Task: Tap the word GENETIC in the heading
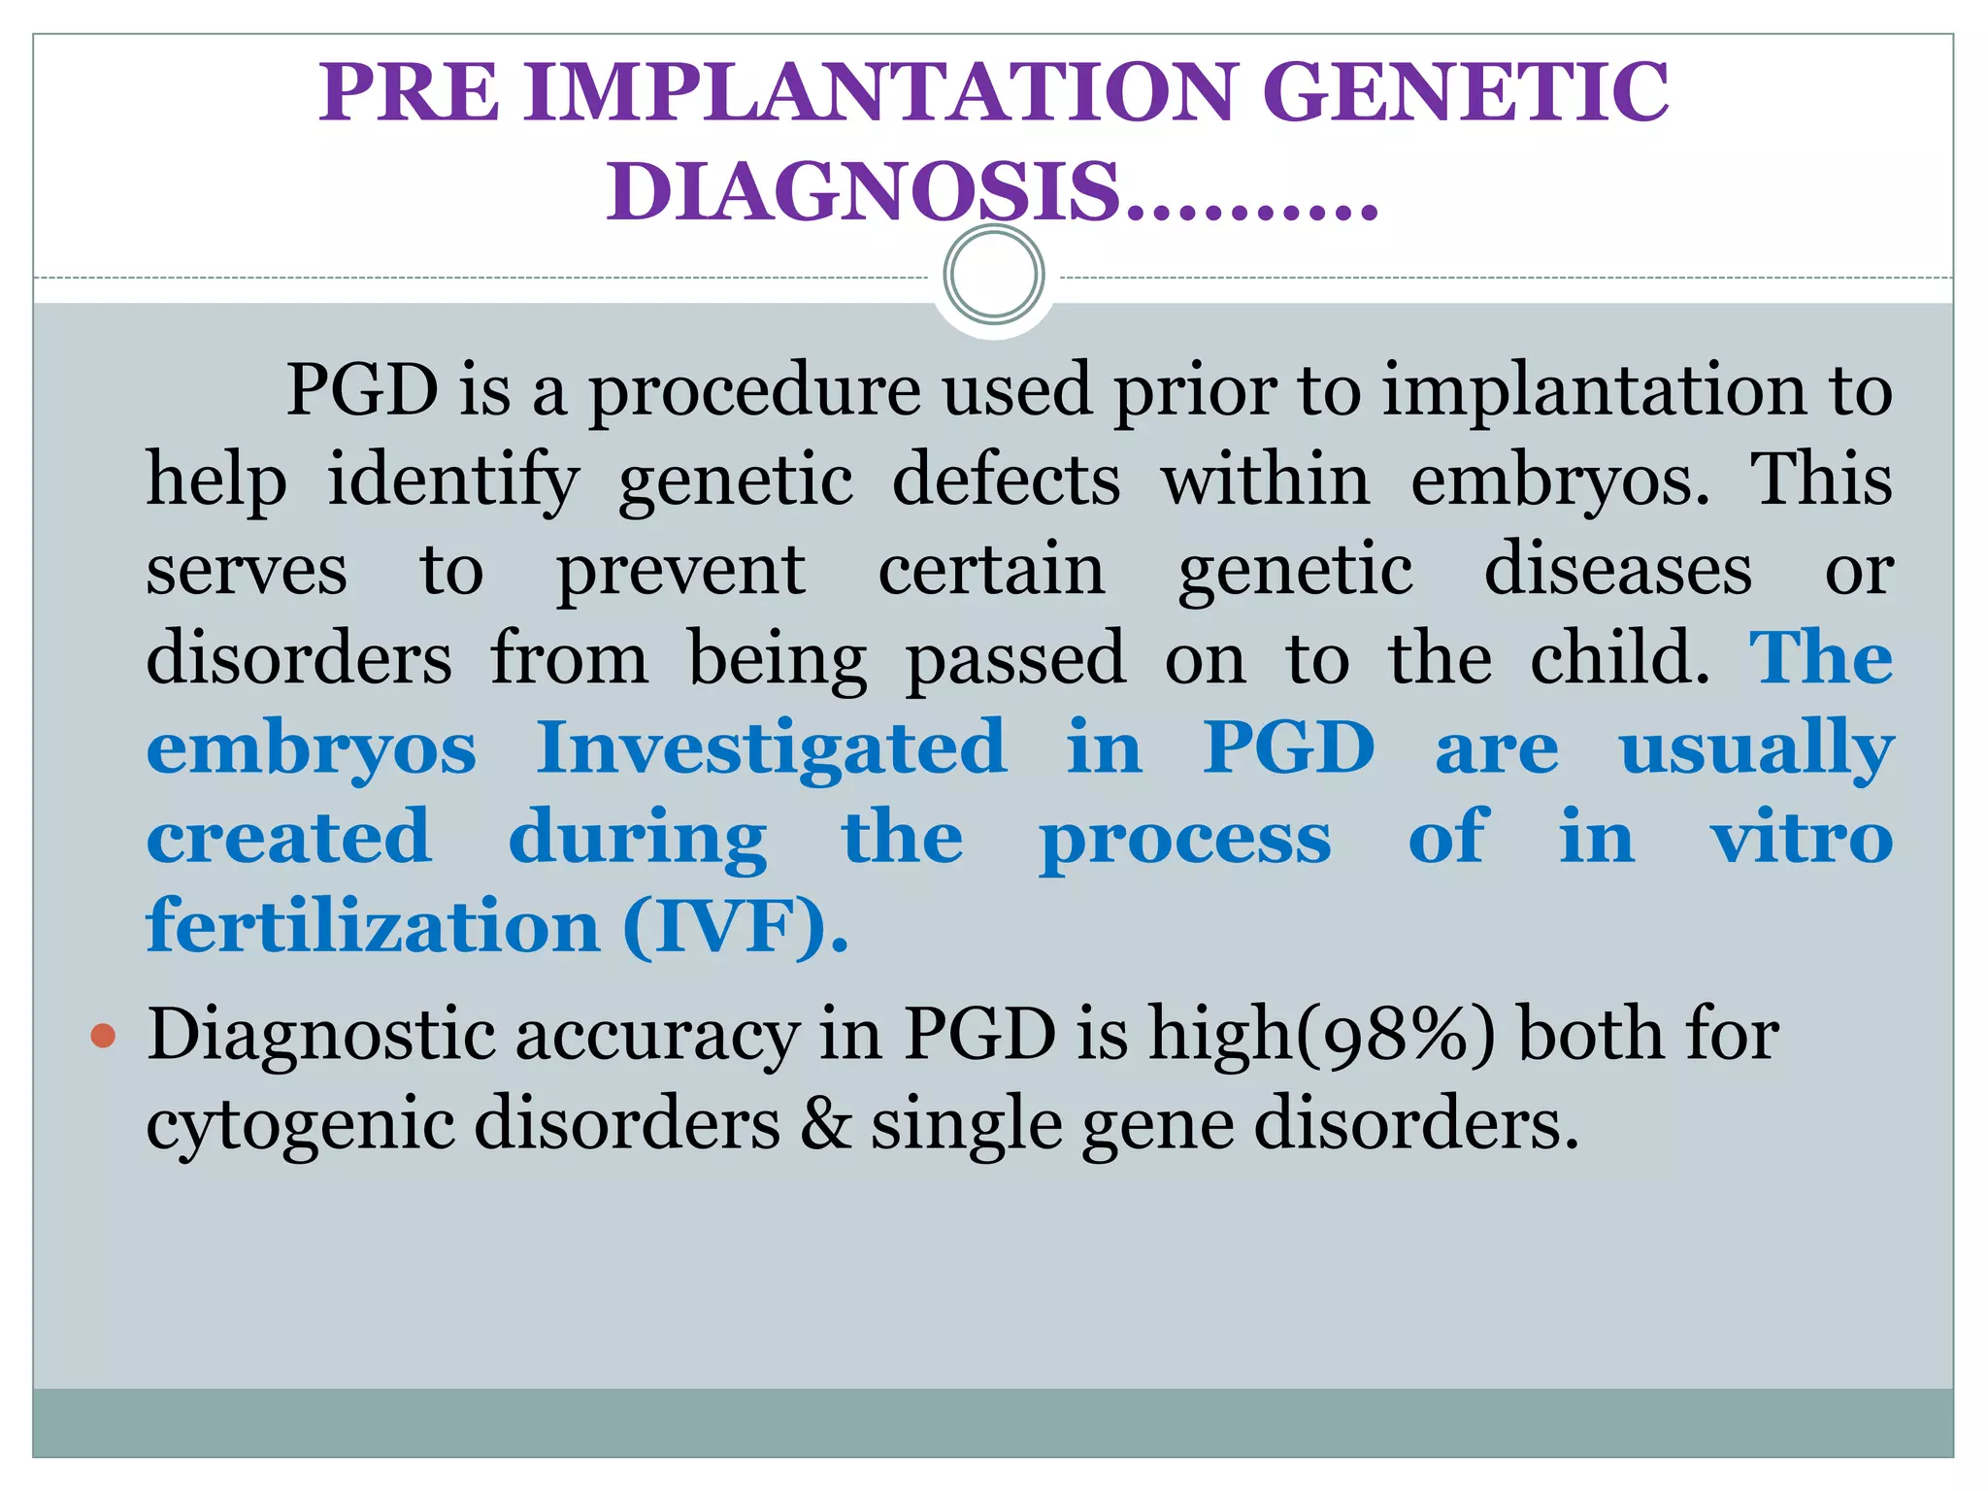[x=1465, y=92]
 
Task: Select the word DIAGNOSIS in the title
[x=864, y=191]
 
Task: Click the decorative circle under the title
[x=993, y=275]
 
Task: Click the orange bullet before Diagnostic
[x=103, y=1036]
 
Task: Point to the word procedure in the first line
[x=754, y=391]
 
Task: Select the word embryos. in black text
[x=1559, y=480]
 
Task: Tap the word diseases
[x=1617, y=569]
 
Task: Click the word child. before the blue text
[x=1619, y=658]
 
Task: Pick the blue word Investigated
[x=772, y=747]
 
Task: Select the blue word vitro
[x=1801, y=837]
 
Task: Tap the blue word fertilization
[x=373, y=926]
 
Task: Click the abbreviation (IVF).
[x=735, y=927]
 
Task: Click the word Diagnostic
[x=324, y=1036]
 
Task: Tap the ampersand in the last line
[x=824, y=1124]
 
